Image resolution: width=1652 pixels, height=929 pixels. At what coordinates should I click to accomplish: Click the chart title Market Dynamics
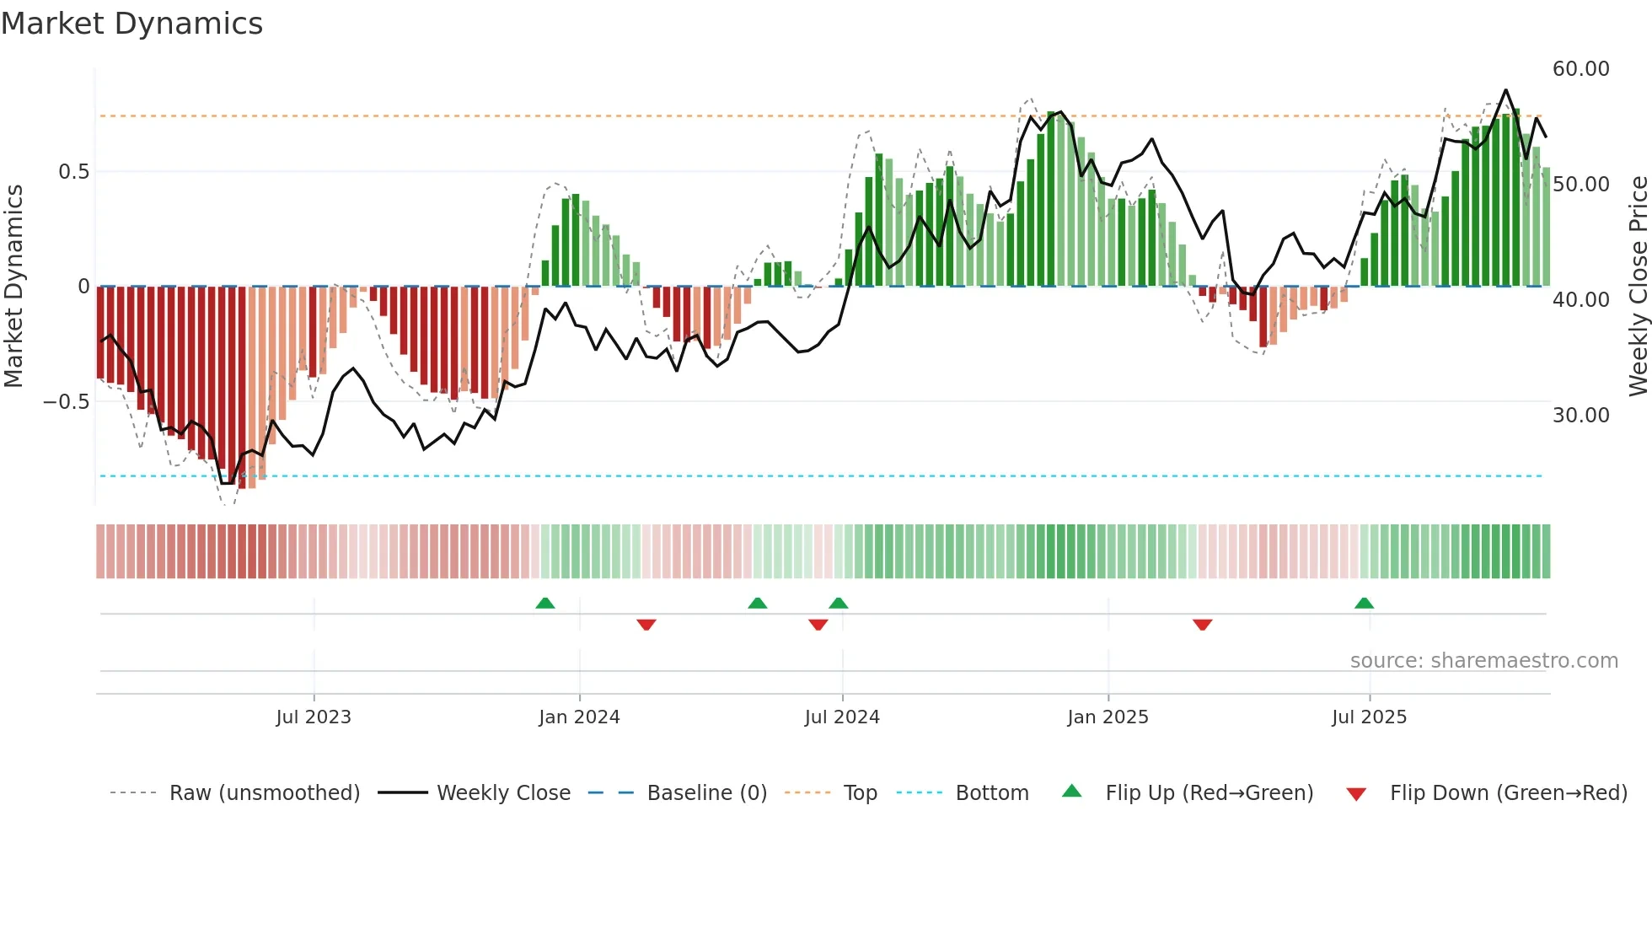[131, 24]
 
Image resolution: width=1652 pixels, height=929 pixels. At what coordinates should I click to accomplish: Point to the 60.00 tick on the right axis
[1580, 69]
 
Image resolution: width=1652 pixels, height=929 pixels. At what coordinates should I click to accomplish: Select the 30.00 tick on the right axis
[1580, 415]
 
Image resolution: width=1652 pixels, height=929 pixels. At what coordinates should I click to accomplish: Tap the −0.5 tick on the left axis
[66, 402]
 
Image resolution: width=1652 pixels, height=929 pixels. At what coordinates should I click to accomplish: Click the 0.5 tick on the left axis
[73, 172]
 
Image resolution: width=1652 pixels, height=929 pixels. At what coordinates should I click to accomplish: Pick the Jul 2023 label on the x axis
[313, 717]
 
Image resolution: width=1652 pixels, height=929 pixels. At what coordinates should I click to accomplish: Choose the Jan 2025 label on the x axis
[1107, 717]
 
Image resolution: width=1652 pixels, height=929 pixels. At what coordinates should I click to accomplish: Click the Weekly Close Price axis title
[1638, 286]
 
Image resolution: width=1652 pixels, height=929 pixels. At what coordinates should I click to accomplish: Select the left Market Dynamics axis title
[13, 286]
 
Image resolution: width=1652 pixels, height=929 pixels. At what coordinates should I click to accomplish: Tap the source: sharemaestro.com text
[1483, 661]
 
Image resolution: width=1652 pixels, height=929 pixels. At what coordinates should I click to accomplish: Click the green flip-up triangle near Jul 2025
[1364, 603]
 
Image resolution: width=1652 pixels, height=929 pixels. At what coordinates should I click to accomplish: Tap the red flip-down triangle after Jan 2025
[1202, 625]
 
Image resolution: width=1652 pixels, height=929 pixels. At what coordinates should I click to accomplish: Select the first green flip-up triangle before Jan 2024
[545, 603]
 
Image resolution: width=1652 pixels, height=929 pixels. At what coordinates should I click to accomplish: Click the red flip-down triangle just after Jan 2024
[646, 625]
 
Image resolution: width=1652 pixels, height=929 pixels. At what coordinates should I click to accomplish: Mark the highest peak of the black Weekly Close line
[1505, 90]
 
